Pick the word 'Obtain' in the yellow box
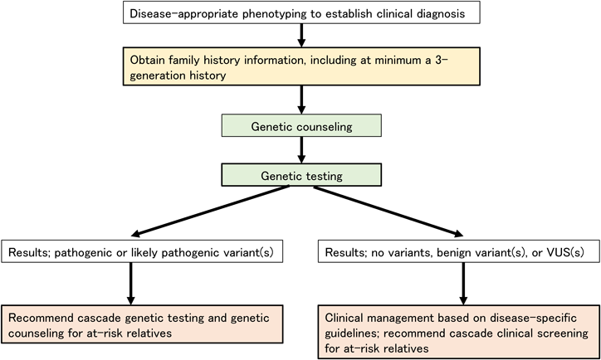pyautogui.click(x=148, y=61)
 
